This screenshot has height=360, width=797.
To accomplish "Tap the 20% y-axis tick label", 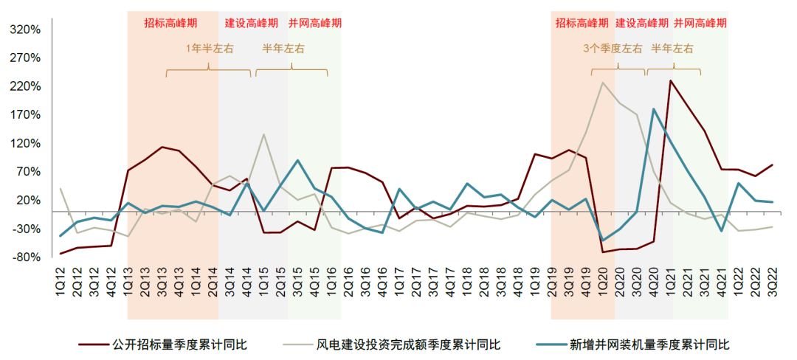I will click(27, 201).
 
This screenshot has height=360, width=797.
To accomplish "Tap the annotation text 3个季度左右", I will click(613, 49).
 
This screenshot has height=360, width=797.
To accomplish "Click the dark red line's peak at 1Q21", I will click(670, 80).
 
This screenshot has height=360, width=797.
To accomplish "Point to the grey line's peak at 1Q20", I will click(603, 83).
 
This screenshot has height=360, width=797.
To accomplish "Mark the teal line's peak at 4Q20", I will click(654, 109).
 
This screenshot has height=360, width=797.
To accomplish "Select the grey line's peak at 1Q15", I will click(263, 134).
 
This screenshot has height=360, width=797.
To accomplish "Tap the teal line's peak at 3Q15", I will click(297, 160).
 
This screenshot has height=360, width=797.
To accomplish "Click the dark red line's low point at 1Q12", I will click(61, 254).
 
